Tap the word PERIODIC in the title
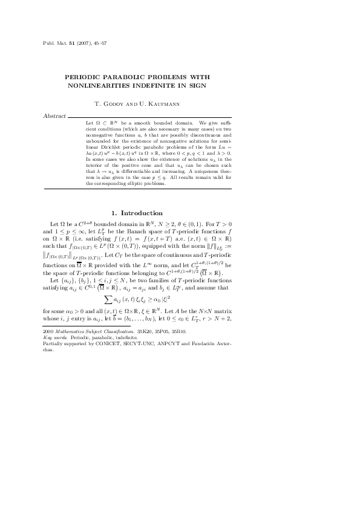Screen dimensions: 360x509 (x=87, y=77)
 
